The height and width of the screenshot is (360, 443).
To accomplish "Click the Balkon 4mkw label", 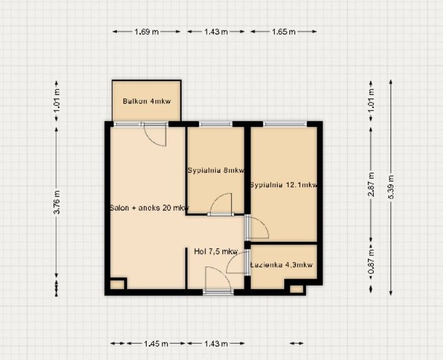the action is click(x=147, y=101).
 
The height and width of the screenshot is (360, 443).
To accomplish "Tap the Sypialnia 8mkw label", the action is click(x=216, y=170).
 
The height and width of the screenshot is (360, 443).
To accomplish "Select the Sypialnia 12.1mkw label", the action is click(x=284, y=185).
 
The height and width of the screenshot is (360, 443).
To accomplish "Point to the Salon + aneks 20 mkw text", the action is click(x=149, y=208).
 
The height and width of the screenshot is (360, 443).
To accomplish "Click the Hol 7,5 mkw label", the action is click(x=216, y=251).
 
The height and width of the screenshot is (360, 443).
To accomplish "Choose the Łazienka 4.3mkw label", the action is click(x=282, y=265).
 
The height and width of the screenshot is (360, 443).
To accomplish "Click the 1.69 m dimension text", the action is click(x=146, y=31).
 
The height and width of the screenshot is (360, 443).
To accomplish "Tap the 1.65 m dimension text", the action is click(x=283, y=31).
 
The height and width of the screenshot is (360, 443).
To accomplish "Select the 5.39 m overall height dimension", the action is click(x=391, y=187).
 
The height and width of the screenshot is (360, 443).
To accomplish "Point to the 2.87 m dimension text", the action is click(x=371, y=184).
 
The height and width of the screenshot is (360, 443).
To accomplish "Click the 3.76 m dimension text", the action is click(x=56, y=202).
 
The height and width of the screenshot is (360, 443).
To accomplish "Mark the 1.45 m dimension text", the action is click(x=156, y=344).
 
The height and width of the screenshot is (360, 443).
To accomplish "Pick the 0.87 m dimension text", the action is click(x=371, y=261).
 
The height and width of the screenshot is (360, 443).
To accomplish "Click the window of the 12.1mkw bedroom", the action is click(x=285, y=124).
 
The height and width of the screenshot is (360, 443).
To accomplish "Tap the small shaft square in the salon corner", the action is click(x=116, y=284).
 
